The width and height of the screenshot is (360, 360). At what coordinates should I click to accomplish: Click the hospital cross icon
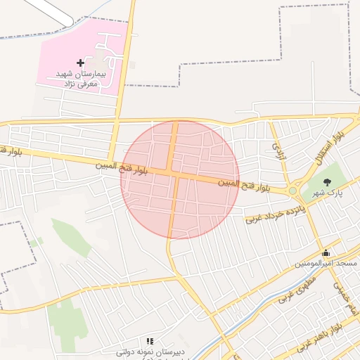(80, 63)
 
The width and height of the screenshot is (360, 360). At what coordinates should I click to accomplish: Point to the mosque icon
(326, 253)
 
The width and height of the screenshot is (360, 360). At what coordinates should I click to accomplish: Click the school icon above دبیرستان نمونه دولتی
(149, 340)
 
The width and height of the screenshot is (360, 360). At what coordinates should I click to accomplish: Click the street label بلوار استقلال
(328, 147)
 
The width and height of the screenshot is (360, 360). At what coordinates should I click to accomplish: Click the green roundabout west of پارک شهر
(292, 191)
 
